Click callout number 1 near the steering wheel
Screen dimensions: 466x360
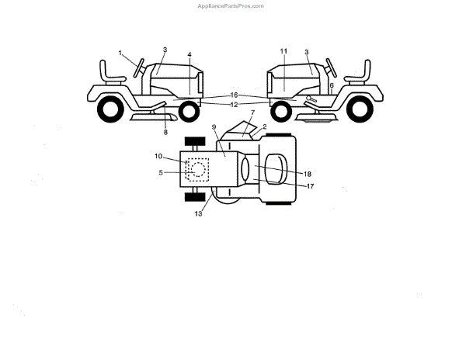(x=121, y=53)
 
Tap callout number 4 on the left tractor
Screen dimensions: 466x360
(x=189, y=55)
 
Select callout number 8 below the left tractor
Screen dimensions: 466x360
(x=165, y=133)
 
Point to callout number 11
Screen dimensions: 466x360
(x=283, y=50)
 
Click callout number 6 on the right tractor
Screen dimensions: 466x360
(x=331, y=85)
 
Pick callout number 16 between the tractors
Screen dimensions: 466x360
(x=233, y=95)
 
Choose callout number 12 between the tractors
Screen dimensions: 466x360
(x=233, y=104)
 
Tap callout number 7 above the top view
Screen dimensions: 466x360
(x=252, y=112)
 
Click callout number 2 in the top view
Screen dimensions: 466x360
(x=264, y=126)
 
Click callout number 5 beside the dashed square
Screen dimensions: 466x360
(x=161, y=172)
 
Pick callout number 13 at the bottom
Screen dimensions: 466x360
(x=198, y=213)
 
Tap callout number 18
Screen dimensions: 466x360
(x=308, y=174)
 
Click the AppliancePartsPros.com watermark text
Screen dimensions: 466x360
(x=233, y=5)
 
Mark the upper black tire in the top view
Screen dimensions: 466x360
(x=195, y=140)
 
